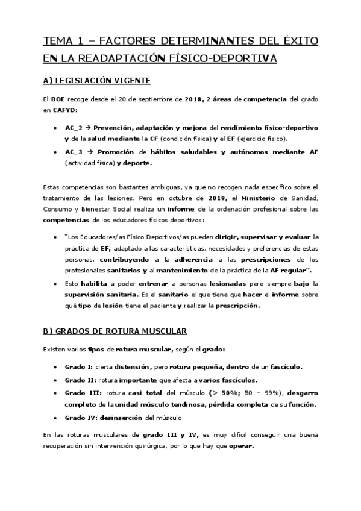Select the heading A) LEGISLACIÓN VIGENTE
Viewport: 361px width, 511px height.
96,80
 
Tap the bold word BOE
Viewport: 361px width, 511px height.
57,99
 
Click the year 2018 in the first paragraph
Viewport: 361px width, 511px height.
193,99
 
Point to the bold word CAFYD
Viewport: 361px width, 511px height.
64,110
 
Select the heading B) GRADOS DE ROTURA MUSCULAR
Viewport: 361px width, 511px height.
115,331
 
